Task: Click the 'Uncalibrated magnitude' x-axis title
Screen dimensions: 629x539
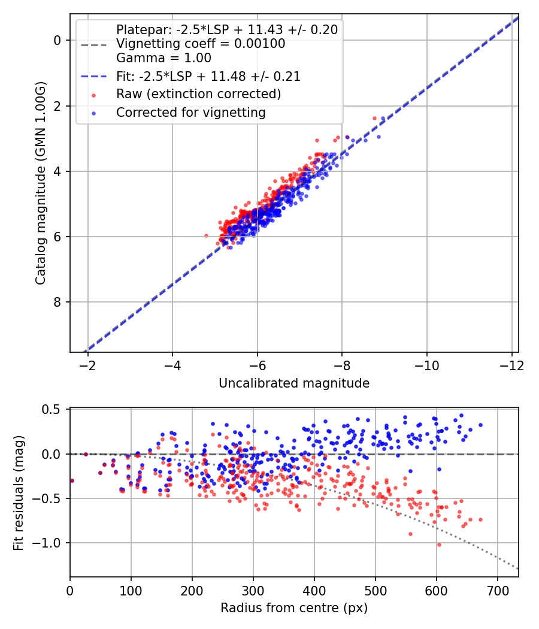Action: (x=293, y=383)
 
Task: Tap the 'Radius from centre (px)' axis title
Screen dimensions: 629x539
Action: (x=293, y=608)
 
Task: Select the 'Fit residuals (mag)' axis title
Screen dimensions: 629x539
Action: (x=18, y=492)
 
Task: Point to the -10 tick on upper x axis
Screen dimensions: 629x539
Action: (x=427, y=365)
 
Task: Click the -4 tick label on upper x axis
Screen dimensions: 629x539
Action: (x=172, y=365)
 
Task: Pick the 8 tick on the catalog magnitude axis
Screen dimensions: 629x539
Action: (x=57, y=302)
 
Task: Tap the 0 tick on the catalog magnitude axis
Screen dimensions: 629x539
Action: (x=57, y=40)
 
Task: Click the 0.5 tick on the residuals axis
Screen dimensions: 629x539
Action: (x=54, y=409)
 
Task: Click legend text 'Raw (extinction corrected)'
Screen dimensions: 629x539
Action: (x=198, y=94)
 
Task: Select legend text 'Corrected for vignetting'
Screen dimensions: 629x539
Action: (x=191, y=112)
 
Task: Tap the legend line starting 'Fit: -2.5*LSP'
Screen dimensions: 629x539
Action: (x=208, y=77)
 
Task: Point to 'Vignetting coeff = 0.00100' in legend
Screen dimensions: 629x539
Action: (x=201, y=44)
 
